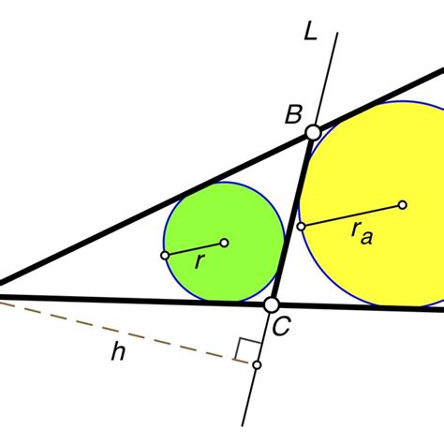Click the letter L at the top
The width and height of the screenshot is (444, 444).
(310, 33)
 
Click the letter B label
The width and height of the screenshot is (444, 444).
(293, 115)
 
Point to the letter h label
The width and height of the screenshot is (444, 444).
(117, 351)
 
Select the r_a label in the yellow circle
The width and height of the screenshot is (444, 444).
(361, 234)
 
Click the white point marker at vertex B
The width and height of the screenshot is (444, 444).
(312, 133)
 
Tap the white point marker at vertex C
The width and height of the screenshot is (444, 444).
(272, 304)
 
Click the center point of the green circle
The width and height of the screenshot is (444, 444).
(224, 243)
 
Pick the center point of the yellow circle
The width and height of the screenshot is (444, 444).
(402, 204)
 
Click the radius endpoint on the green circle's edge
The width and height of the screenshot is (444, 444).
(166, 255)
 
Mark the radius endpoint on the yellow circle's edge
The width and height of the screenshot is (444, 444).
(301, 226)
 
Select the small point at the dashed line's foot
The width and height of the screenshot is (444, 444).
(258, 364)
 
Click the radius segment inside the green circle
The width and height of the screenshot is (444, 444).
(195, 249)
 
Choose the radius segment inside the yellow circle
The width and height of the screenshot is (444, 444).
(351, 215)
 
